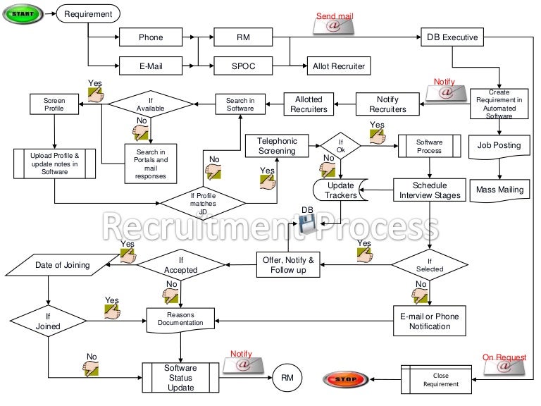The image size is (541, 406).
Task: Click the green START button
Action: (x=23, y=14)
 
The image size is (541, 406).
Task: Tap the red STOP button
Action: (x=345, y=380)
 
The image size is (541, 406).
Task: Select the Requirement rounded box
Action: (x=88, y=14)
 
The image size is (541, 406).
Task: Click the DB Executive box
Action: (x=452, y=37)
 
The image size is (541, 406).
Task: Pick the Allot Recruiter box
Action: (x=339, y=66)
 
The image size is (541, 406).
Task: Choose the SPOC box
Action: (x=243, y=66)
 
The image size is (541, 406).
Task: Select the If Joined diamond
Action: (x=48, y=322)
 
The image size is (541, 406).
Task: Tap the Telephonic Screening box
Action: (x=277, y=147)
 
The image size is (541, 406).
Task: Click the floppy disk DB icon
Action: (x=307, y=224)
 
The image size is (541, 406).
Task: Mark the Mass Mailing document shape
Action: (x=500, y=190)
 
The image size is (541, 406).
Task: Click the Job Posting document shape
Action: (x=499, y=147)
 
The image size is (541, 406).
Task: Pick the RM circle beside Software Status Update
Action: (x=287, y=378)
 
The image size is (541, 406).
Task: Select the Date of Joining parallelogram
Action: (x=62, y=265)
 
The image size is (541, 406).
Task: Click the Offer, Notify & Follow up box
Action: (x=288, y=265)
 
